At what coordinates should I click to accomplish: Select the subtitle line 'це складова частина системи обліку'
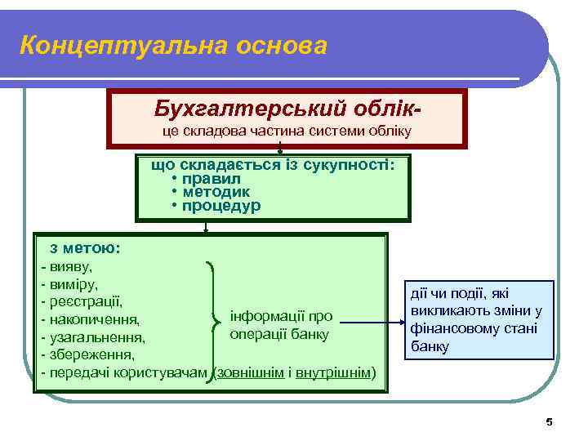[x=285, y=131]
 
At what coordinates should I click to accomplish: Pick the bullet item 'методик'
[x=216, y=192]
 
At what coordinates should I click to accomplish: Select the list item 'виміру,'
[x=73, y=284]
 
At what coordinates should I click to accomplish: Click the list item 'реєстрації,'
[x=85, y=301]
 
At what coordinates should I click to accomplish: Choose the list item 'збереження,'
[x=91, y=355]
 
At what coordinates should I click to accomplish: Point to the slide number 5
[x=549, y=421]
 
